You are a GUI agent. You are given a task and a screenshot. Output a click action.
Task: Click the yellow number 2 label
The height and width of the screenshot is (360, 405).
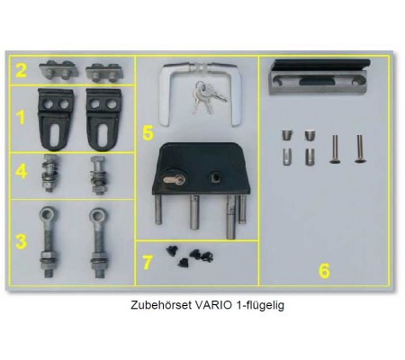coord(21,70)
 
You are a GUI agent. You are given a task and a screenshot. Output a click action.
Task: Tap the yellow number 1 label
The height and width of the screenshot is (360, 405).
coord(21,117)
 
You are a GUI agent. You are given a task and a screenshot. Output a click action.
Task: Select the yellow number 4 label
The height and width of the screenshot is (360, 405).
coord(22,172)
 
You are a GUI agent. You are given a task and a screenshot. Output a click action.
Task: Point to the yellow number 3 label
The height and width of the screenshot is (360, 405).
coord(21,242)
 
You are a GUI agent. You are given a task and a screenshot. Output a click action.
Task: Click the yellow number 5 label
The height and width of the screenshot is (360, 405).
coord(148,133)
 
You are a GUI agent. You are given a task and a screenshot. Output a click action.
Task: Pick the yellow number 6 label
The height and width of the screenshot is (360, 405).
coord(324,271)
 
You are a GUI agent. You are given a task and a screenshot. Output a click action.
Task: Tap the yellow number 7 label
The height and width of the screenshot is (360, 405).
coord(147,263)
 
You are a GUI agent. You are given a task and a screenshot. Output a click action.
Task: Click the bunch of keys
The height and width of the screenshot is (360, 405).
coord(207,96)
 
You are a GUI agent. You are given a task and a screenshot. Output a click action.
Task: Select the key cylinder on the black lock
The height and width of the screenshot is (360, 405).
coord(175,180)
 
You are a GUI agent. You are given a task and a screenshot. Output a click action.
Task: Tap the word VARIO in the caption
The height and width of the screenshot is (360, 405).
coord(213,305)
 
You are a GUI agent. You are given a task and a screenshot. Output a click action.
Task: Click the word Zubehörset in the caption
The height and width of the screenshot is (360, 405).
coord(161,305)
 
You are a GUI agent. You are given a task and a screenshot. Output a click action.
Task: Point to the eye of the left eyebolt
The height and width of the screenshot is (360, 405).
coord(47,215)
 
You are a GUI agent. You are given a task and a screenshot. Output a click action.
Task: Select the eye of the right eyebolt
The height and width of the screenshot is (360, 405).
coord(97,215)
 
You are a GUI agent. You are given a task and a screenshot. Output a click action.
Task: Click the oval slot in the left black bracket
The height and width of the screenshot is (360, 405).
coord(55,135)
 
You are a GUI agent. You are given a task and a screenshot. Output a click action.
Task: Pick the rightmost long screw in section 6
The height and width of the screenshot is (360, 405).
coord(359,148)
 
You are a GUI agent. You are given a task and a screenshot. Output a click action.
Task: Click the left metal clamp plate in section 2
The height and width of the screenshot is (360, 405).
coord(58,70)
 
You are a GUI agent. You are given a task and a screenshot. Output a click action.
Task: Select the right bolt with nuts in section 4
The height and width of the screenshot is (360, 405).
coord(98,175)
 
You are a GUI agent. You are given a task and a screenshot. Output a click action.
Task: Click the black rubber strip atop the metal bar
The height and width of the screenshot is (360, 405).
coord(320,65)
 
